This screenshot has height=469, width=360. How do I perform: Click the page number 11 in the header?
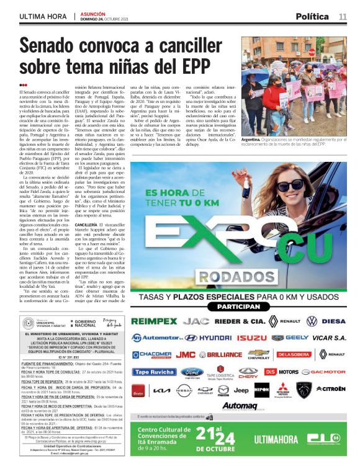343,16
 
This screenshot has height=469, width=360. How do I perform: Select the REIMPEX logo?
154,321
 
